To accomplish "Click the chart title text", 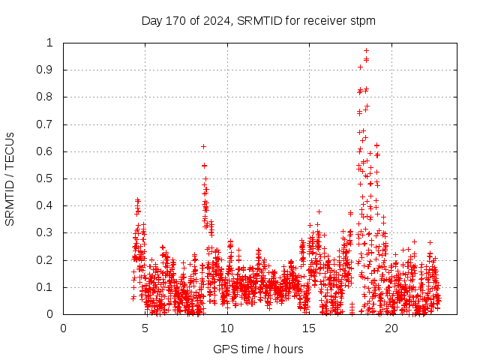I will (259, 20).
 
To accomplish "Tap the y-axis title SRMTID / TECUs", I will (10, 178).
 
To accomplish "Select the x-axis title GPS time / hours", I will (258, 349).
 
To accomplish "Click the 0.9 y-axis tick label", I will (49, 70).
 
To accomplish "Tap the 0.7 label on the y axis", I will (49, 124).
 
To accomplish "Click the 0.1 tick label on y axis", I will (49, 287).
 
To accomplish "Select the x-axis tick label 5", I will (145, 328).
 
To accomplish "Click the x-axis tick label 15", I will (309, 328).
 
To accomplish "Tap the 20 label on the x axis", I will (391, 328).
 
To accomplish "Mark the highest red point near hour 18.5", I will (366, 51).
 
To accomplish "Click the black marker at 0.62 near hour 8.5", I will (203, 146).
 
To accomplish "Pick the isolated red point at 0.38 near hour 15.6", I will (319, 211).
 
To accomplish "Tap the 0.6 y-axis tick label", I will (49, 151).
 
